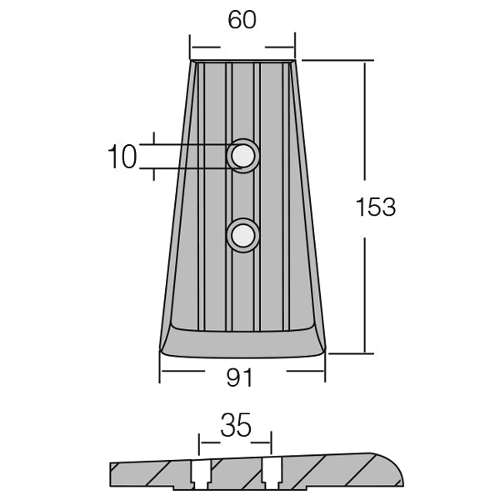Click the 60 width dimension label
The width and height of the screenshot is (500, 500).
(x=242, y=20)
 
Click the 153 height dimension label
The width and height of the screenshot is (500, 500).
(x=376, y=207)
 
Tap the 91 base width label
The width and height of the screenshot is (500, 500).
(x=239, y=377)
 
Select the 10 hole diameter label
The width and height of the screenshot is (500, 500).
(x=122, y=157)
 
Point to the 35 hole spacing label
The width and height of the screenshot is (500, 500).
(x=236, y=425)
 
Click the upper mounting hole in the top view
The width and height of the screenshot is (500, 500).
(x=243, y=156)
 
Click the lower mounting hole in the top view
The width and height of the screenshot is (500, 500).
(x=243, y=236)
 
